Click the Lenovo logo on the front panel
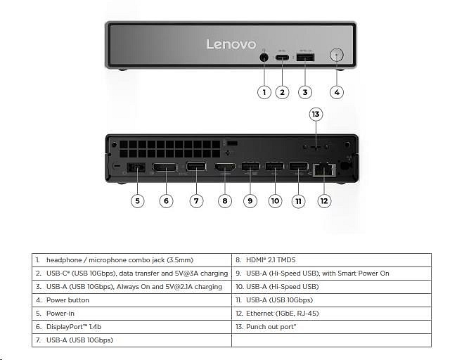pos(231,44)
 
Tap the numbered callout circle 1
pos(264,91)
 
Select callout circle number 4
pos(337,91)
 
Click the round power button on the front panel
pos(337,56)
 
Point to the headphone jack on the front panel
pos(264,57)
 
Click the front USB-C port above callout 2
pos(283,57)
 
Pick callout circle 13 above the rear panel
pos(316,114)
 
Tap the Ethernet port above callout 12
pos(324,169)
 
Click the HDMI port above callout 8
pos(225,169)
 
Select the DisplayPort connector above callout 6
pos(166,169)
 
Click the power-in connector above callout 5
pos(136,169)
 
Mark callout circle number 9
pos(250,200)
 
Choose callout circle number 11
pos(299,200)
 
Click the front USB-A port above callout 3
pos(305,57)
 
